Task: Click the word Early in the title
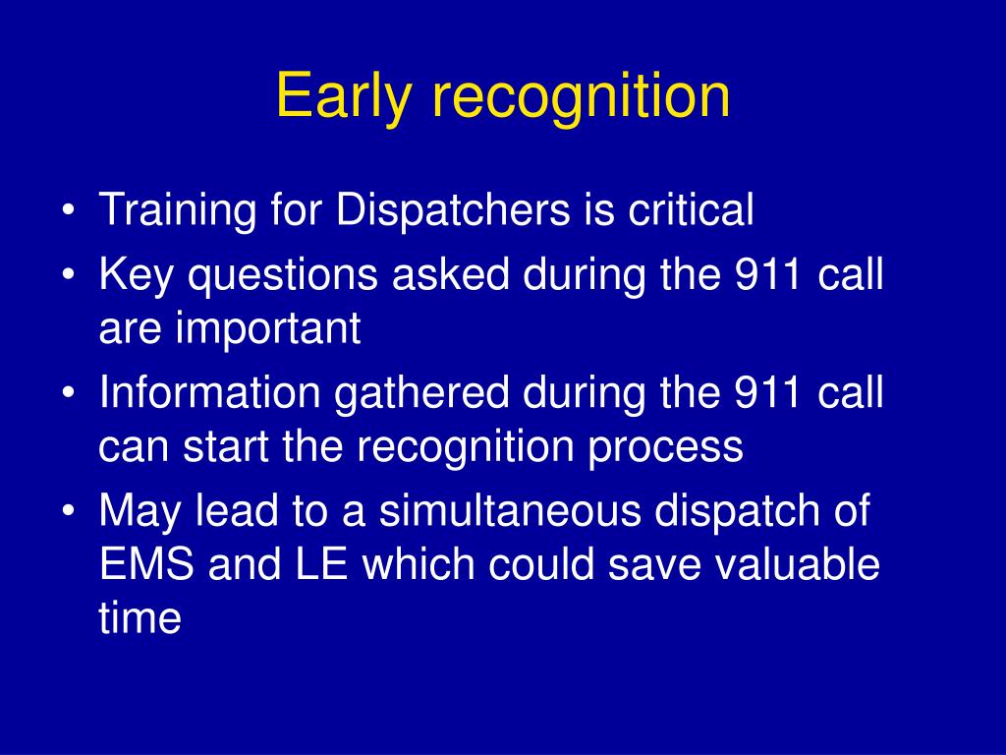(x=343, y=97)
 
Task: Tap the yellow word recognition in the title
(x=582, y=96)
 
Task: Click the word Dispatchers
(x=453, y=208)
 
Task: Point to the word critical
(x=691, y=208)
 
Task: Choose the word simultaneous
(x=510, y=510)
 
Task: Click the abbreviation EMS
(x=147, y=564)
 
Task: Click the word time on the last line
(x=140, y=617)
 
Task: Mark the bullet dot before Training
(x=70, y=210)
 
